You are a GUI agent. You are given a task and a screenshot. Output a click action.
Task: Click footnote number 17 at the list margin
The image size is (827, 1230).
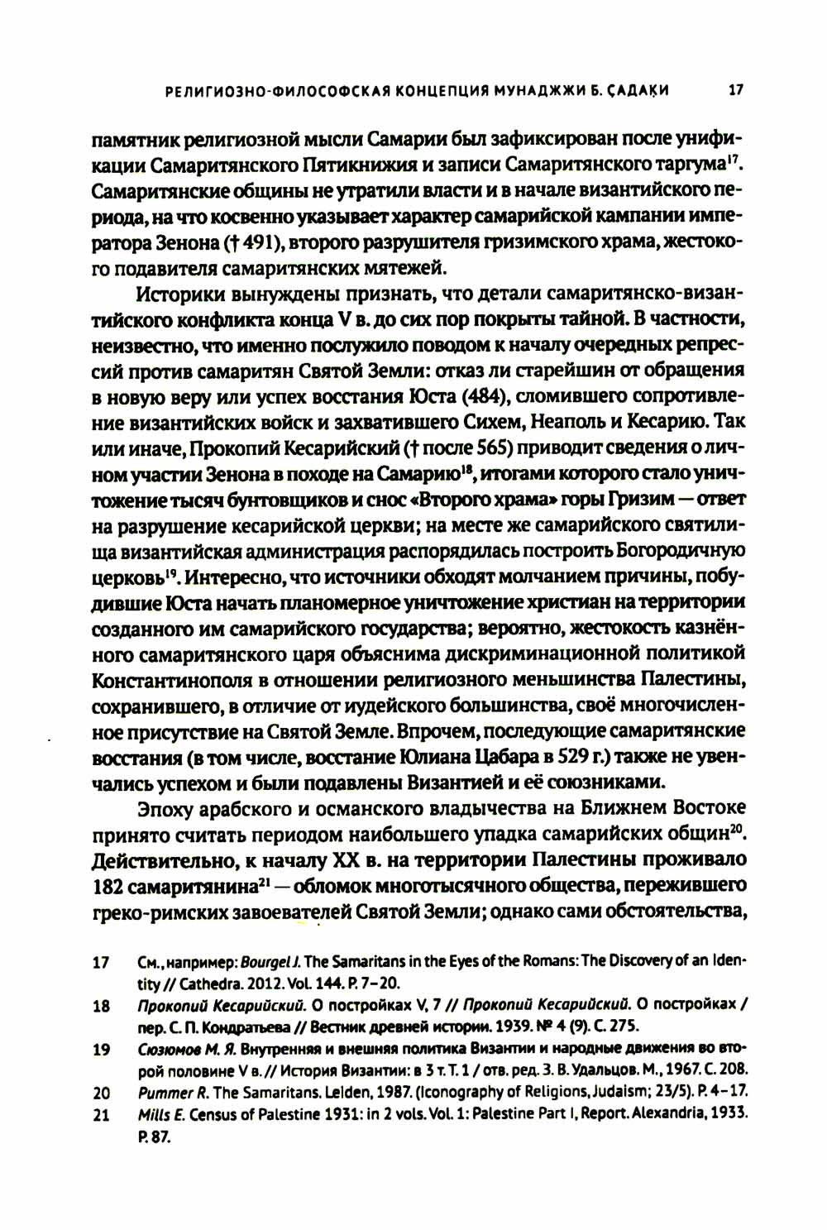pos(102,963)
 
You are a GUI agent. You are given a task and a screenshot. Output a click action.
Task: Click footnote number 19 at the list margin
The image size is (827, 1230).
pos(102,1050)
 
